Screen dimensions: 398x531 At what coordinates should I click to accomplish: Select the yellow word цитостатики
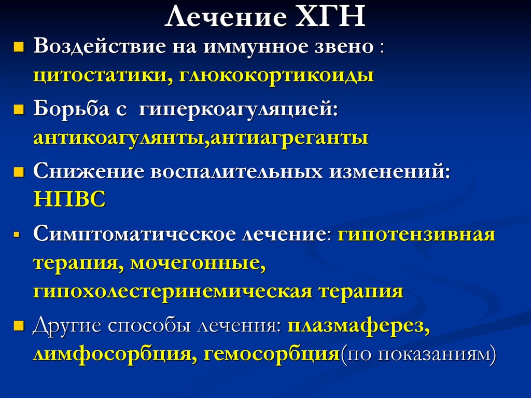coord(99,75)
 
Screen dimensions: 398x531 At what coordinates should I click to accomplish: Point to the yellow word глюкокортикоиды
coord(277,75)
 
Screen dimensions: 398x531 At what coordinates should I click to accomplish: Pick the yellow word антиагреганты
coord(288,139)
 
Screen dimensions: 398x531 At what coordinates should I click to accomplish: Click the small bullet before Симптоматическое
coord(17,235)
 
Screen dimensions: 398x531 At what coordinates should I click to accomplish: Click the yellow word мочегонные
coord(198,263)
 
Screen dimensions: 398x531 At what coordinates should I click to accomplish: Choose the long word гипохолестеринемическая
coord(173,291)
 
